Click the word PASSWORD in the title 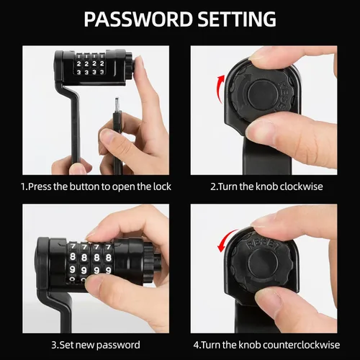tap(138, 19)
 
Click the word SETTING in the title tap(237, 19)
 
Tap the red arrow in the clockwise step tap(220, 89)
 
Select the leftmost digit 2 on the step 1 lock tap(79, 64)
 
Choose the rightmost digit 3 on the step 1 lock tap(102, 72)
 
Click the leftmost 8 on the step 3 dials tap(73, 257)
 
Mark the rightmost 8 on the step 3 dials tap(109, 258)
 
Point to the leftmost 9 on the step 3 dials tap(72, 269)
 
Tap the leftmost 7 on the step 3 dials tap(73, 246)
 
